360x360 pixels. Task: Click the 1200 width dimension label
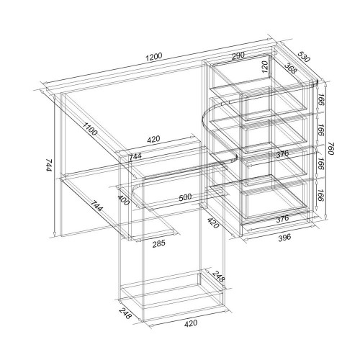[x=154, y=56]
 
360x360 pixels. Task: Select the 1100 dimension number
[x=90, y=129]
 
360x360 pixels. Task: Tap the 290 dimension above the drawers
[x=238, y=55]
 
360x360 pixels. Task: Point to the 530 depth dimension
[x=304, y=57]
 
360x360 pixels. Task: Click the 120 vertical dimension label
[x=264, y=67]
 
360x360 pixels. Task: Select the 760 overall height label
[x=330, y=148]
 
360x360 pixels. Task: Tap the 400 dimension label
[x=124, y=200]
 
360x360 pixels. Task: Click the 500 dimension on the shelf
[x=185, y=197]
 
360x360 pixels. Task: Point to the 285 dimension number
[x=159, y=243]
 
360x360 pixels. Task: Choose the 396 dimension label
[x=284, y=238]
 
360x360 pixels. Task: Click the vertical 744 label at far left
[x=49, y=165]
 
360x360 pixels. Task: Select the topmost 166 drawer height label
[x=320, y=99]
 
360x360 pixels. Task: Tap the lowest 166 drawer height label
[x=320, y=195]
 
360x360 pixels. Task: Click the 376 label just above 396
[x=282, y=219]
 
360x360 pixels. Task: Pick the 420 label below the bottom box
[x=191, y=323]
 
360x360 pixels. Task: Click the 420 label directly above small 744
[x=153, y=139]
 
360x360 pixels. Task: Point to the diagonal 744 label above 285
[x=96, y=205]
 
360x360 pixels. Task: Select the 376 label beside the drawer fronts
[x=282, y=154]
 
